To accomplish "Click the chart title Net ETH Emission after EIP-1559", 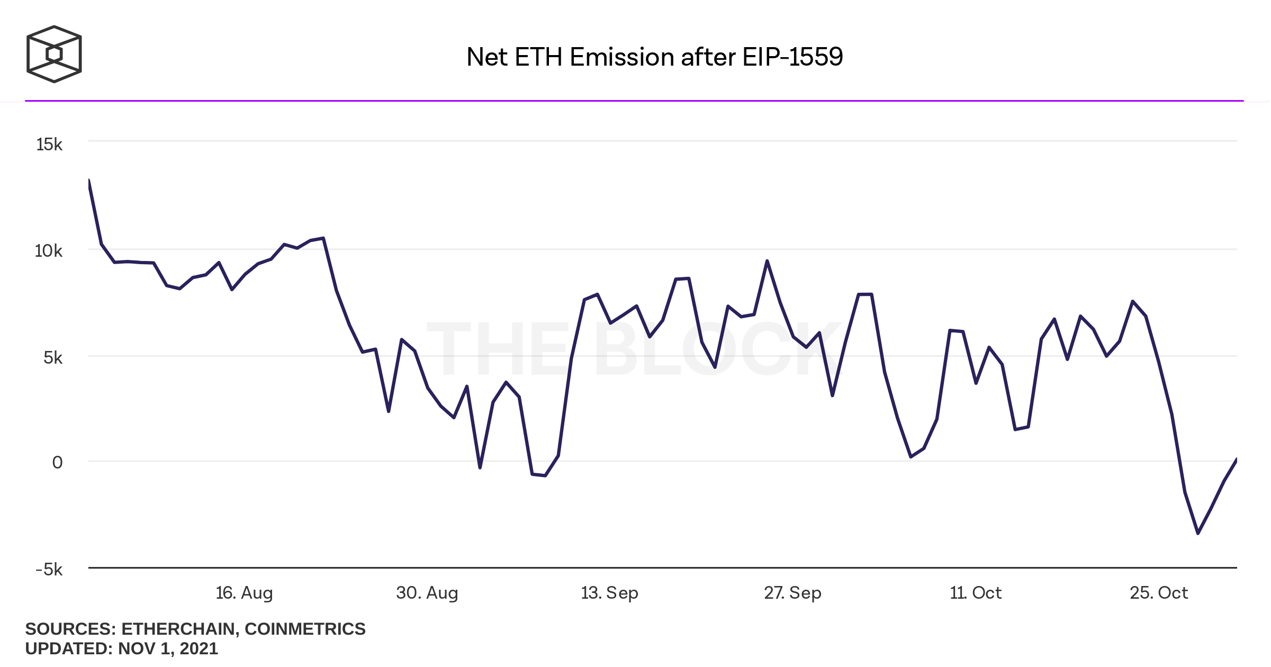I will tap(654, 57).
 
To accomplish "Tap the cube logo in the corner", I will tap(54, 54).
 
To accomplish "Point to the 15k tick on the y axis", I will tap(49, 145).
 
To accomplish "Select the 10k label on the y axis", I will tap(49, 251).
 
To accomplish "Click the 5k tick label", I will tap(53, 358).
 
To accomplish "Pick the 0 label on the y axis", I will tap(57, 463).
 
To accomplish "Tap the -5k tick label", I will tap(49, 570).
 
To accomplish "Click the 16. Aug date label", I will tap(244, 592).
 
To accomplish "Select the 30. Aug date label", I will tap(427, 592).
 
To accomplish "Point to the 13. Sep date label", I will tap(609, 592).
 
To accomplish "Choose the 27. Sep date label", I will tap(792, 592).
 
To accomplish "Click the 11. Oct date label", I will tap(976, 592).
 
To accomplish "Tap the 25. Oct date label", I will tap(1159, 592).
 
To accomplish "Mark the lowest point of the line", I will tap(1198, 533).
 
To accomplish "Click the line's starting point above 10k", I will tap(89, 181).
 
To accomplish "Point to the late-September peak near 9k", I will tap(767, 261).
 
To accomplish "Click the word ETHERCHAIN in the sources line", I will tap(178, 629).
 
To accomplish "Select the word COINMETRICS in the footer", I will tap(305, 629).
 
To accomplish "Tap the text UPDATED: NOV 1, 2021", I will tap(122, 648).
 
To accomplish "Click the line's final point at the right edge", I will tap(1236, 459).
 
